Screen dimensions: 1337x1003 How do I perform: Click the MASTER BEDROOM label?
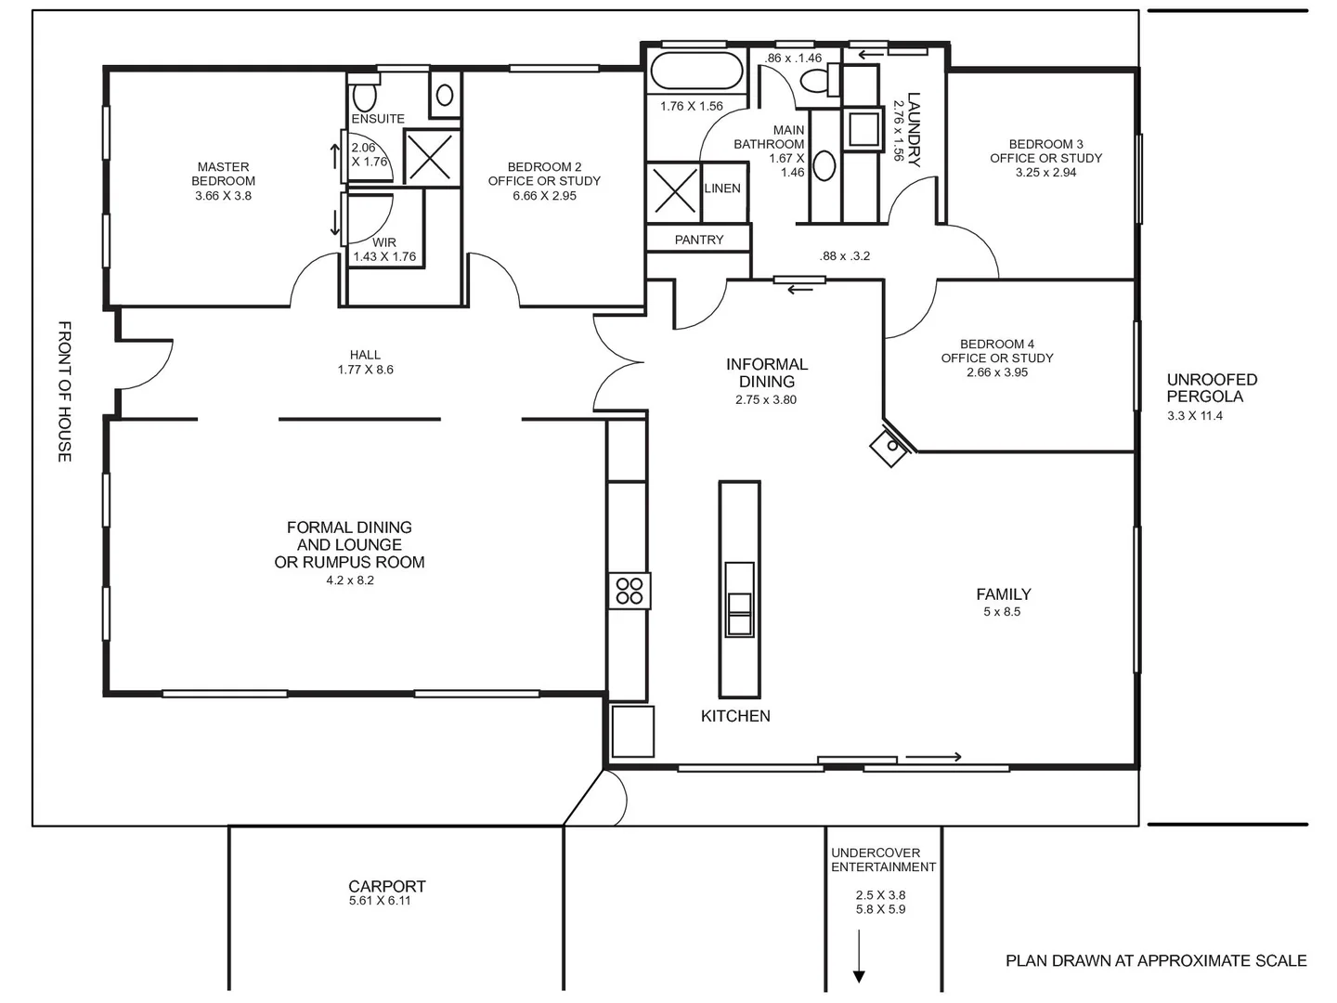223,174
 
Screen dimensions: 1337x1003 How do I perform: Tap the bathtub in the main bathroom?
696,71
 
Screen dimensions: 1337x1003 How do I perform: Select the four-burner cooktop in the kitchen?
630,591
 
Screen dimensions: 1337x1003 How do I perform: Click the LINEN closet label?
722,189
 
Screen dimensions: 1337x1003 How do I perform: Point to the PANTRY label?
698,240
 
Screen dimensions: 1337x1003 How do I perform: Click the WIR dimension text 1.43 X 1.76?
384,256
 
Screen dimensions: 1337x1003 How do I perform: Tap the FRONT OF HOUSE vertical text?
65,392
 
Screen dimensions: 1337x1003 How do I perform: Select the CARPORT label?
387,886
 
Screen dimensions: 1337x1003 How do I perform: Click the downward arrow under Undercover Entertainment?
859,957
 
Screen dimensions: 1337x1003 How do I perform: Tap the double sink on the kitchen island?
739,600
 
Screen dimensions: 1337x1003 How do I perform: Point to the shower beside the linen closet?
674,192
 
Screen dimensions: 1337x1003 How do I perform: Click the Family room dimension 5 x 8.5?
1002,611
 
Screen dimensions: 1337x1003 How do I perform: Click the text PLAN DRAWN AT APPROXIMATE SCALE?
1156,960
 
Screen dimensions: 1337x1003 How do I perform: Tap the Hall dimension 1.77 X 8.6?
366,370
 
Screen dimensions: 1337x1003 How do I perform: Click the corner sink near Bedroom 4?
891,447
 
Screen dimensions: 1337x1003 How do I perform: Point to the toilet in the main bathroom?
819,80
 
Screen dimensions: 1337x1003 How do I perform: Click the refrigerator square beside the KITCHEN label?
633,732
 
